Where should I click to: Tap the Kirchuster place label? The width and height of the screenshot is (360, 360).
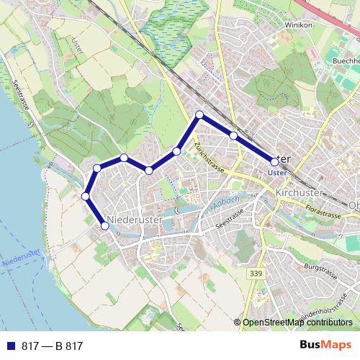point(300,194)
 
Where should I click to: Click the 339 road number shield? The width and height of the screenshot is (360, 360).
point(256,274)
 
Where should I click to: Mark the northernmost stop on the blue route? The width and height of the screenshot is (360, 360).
point(199,114)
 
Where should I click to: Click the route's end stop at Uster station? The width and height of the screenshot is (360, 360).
point(274,162)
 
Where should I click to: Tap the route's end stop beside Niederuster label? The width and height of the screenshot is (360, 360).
point(105,225)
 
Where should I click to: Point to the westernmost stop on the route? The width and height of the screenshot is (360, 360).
point(85,196)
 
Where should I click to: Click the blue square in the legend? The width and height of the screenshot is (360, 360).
point(10,346)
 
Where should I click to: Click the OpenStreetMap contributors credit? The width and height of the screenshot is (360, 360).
point(297,323)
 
